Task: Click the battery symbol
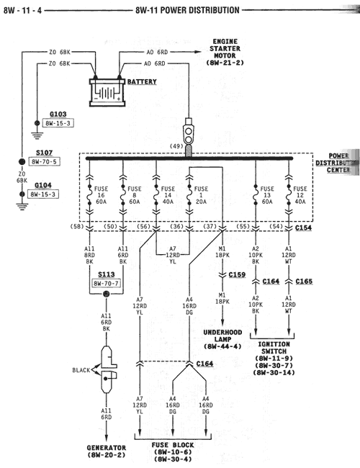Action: [x=107, y=91]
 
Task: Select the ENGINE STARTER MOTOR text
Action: [x=227, y=53]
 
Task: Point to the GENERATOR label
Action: [x=107, y=451]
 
